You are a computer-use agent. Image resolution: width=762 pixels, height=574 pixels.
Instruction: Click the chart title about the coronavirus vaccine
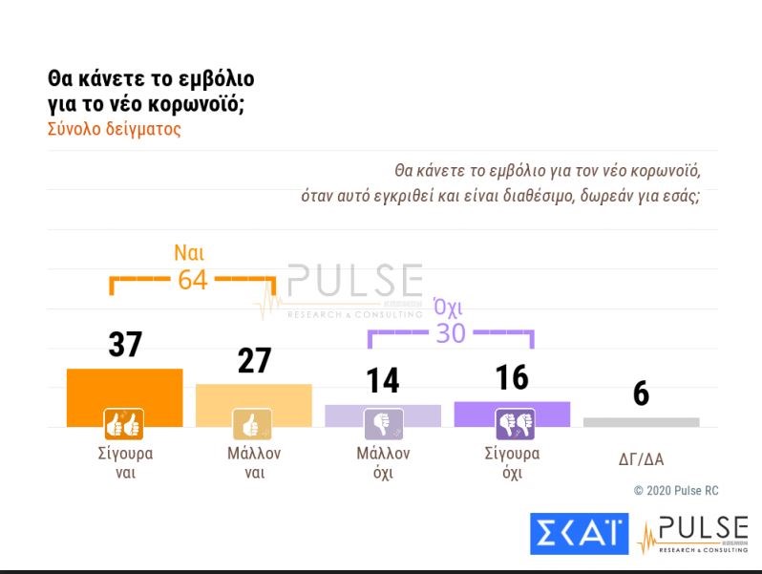151,91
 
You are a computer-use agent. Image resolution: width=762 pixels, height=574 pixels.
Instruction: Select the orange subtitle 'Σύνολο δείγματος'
114,129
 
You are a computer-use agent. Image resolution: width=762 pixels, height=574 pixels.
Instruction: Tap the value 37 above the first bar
124,345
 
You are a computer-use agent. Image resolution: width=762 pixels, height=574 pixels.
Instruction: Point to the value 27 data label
253,361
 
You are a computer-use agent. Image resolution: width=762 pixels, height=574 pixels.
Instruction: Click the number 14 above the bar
383,381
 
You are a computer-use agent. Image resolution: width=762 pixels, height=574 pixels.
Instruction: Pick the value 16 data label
512,378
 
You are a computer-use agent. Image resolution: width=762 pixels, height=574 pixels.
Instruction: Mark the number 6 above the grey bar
641,393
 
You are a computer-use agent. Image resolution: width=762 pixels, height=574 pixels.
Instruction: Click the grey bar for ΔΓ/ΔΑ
641,422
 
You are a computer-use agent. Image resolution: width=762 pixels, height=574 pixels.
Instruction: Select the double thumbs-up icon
123,423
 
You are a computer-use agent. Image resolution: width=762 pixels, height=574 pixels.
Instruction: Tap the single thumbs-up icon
253,423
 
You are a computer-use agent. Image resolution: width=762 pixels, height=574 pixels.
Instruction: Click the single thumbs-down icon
383,423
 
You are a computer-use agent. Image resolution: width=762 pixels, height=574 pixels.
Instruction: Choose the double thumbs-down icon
513,423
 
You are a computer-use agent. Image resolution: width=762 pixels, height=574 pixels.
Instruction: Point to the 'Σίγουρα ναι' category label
124,463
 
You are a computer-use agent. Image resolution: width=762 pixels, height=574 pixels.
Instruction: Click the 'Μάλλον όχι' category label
383,463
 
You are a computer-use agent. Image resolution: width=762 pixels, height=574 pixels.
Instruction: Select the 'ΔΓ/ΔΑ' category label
641,459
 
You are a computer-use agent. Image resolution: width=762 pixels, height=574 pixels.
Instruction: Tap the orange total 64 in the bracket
192,281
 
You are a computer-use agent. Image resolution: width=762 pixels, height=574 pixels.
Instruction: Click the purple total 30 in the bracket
451,332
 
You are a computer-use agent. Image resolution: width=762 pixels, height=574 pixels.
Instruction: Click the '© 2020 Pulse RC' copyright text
676,491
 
